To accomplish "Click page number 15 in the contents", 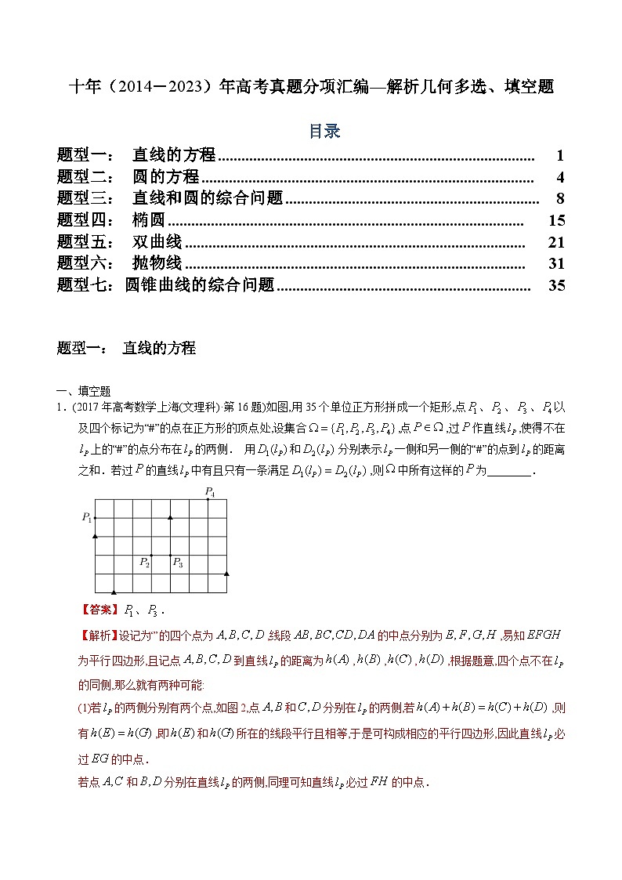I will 556,220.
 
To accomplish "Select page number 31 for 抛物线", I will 556,263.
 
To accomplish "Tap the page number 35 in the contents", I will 556,285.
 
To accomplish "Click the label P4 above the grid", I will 209,491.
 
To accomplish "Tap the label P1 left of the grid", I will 86,517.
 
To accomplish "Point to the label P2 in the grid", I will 144,562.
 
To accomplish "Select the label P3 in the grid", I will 178,562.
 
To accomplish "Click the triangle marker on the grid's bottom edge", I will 114,592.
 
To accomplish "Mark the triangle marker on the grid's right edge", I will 226,574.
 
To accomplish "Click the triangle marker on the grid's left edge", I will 96,536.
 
